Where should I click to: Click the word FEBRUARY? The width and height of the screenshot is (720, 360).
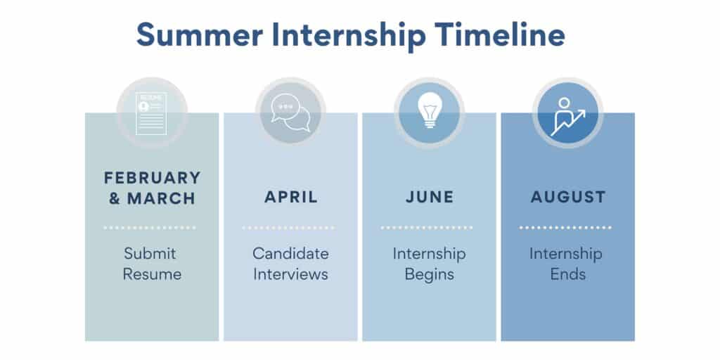[152, 178]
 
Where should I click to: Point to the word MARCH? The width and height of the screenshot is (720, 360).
[160, 198]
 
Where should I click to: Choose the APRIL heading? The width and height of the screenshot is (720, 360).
[291, 198]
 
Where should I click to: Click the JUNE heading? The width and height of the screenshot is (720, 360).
[429, 198]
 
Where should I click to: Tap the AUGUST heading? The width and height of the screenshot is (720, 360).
[568, 198]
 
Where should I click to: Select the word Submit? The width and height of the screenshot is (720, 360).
[150, 253]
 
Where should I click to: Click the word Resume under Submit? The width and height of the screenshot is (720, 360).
[152, 274]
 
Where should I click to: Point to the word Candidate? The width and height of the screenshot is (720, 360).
[290, 253]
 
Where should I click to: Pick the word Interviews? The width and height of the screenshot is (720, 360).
[290, 274]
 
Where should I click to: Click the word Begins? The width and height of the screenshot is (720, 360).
[429, 274]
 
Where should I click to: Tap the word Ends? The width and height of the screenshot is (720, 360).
[568, 274]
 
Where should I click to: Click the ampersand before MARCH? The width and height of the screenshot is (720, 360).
[115, 198]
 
